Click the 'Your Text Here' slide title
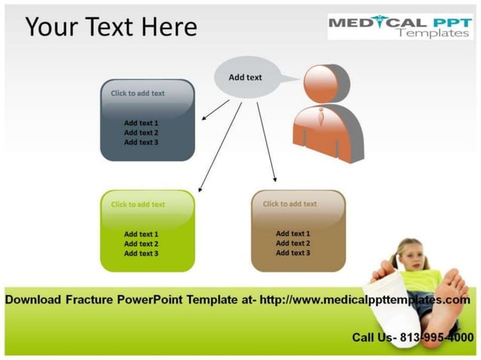pos(111,27)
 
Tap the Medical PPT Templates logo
pos(400,27)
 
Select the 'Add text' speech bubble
pos(245,77)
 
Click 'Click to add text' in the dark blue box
pos(138,93)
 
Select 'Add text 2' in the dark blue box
pos(141,133)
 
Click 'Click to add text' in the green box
pos(138,204)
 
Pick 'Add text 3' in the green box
pos(141,254)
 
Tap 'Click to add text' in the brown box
pos(290,203)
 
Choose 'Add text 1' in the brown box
pos(293,233)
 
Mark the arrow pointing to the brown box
pos(267,142)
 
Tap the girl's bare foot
pos(452,290)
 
